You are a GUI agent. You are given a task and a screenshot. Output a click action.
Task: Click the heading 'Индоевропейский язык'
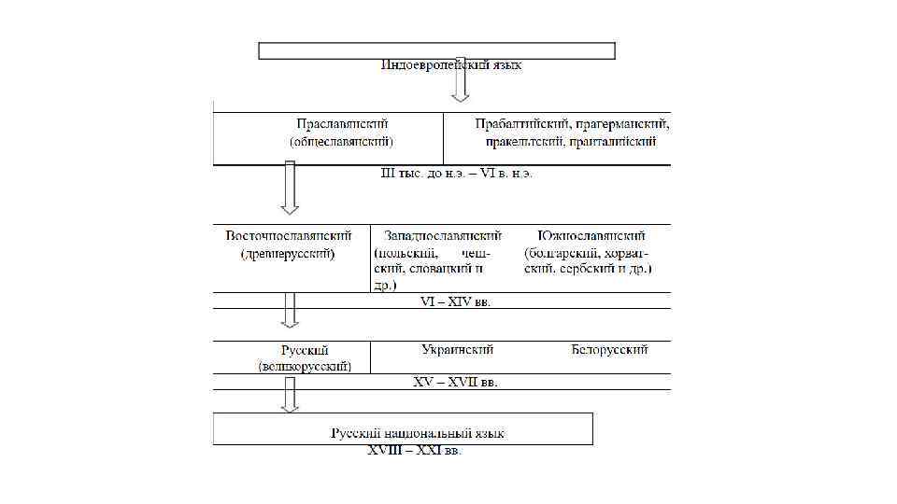(451, 65)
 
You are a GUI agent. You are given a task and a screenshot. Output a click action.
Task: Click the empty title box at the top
(436, 50)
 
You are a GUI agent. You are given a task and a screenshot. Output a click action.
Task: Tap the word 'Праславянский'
(341, 123)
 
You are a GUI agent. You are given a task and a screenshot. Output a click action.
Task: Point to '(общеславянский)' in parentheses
(341, 142)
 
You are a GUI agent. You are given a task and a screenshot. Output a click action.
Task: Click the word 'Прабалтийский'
(519, 123)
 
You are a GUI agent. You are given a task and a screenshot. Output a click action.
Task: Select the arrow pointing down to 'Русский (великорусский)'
(290, 310)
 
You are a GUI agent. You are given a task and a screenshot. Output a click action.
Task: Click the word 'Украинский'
(458, 350)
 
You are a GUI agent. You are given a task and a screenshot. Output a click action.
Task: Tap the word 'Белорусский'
(609, 350)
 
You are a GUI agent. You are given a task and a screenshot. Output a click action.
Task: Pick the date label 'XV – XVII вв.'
(455, 382)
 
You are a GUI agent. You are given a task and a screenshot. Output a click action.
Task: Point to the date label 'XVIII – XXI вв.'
(414, 452)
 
